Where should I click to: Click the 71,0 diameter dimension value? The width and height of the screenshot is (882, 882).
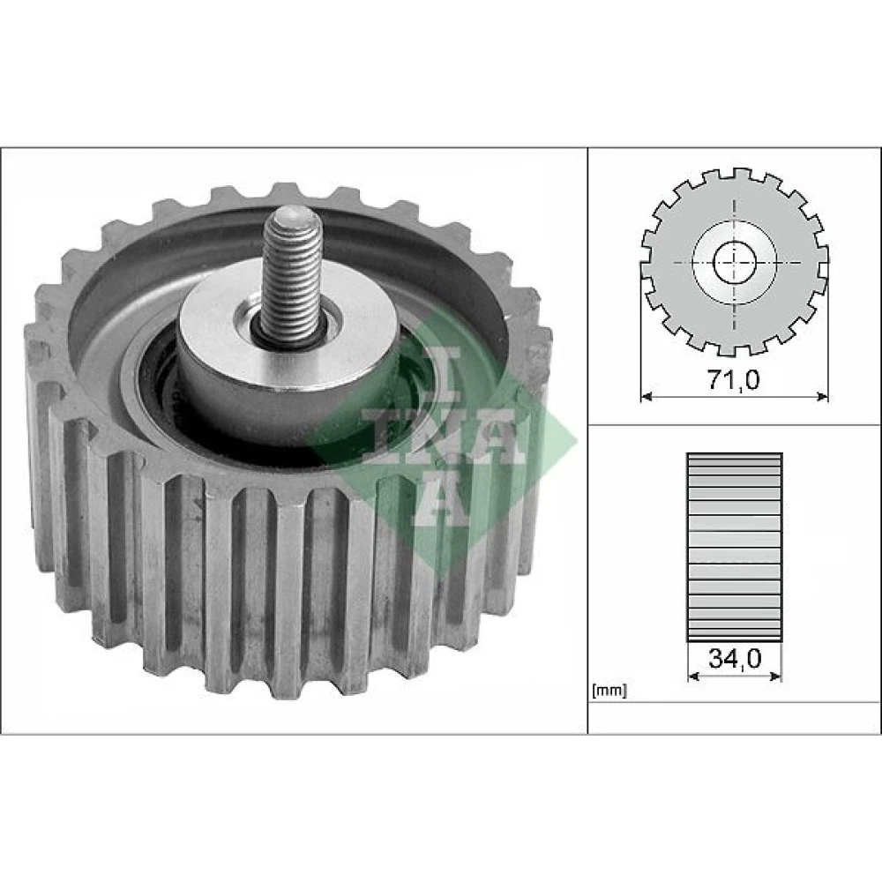click(x=733, y=380)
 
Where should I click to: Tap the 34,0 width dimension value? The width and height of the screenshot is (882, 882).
click(x=735, y=658)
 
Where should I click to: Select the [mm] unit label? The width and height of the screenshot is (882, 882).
click(x=609, y=691)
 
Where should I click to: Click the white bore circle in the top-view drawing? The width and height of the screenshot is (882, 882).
click(x=734, y=263)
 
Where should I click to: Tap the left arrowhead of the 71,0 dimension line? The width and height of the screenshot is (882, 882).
click(x=647, y=397)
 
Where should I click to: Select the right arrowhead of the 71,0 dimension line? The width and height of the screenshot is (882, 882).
click(x=822, y=397)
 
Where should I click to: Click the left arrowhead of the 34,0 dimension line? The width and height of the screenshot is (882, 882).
click(x=693, y=676)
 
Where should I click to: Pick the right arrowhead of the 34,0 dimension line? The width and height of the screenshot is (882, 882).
click(x=775, y=676)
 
